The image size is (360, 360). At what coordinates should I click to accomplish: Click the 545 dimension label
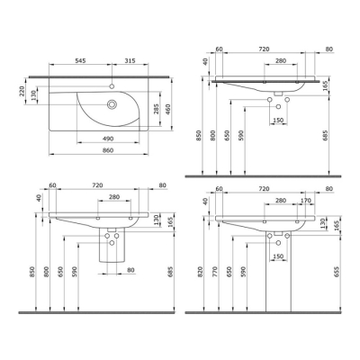pos(80,60)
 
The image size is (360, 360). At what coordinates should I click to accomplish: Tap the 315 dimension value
pos(130,60)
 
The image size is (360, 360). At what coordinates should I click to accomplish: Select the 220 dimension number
pos(22,91)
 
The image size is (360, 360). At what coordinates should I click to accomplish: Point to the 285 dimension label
pos(156,109)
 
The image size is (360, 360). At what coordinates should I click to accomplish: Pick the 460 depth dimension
pos(167,109)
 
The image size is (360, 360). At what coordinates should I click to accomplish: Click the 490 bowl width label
pos(108,139)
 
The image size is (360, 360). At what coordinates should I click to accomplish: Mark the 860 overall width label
pos(108,150)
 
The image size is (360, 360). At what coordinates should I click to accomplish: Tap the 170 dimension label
pos(306,201)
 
